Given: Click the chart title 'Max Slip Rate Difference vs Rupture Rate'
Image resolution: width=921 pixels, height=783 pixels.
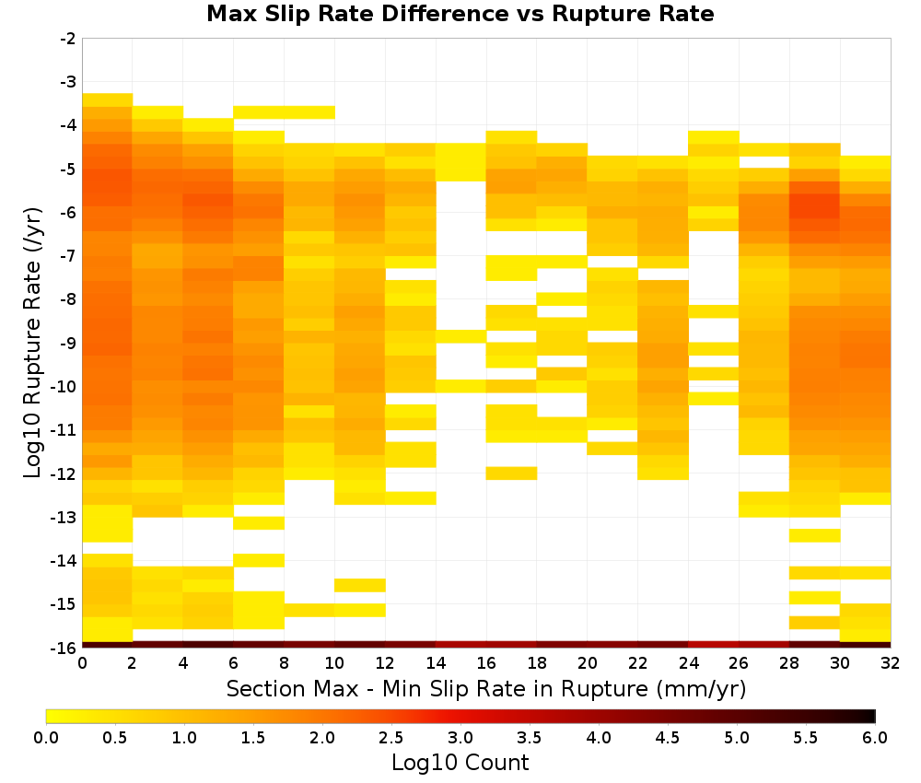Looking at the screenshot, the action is (460, 14).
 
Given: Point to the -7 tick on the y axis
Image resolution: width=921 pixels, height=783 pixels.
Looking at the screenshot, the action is (68, 256).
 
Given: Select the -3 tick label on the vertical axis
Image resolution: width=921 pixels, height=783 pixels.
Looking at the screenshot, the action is (68, 82).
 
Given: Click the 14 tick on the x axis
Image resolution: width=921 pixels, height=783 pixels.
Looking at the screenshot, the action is (436, 663).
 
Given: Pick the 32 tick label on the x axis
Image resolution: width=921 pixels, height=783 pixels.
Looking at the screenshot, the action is (890, 663).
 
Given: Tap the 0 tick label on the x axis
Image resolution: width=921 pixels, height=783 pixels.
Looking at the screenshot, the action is (82, 663).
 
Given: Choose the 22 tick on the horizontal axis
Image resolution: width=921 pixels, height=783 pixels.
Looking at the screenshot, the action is (637, 663).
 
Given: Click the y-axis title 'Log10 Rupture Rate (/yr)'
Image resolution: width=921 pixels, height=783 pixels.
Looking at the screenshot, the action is (32, 343).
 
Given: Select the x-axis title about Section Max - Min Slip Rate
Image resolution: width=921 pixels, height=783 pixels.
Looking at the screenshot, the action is (486, 689).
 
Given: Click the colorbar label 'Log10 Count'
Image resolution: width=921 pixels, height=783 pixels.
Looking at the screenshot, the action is (460, 763).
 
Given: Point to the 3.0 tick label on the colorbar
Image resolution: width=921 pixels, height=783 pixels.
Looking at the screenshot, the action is (460, 738).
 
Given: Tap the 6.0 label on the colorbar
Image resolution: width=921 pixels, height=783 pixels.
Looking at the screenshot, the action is (875, 738).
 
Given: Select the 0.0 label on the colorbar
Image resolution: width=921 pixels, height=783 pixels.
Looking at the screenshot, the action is (46, 738).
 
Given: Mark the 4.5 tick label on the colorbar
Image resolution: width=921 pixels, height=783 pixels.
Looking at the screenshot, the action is (667, 738).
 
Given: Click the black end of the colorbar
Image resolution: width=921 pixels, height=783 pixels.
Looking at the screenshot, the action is (871, 716).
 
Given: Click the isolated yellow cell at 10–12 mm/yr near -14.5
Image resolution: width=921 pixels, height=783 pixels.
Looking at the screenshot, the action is (360, 585).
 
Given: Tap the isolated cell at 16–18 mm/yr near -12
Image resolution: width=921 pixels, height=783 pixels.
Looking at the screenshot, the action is (511, 473).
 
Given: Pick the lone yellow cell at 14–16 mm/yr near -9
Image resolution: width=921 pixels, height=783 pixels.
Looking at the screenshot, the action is (460, 336).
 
